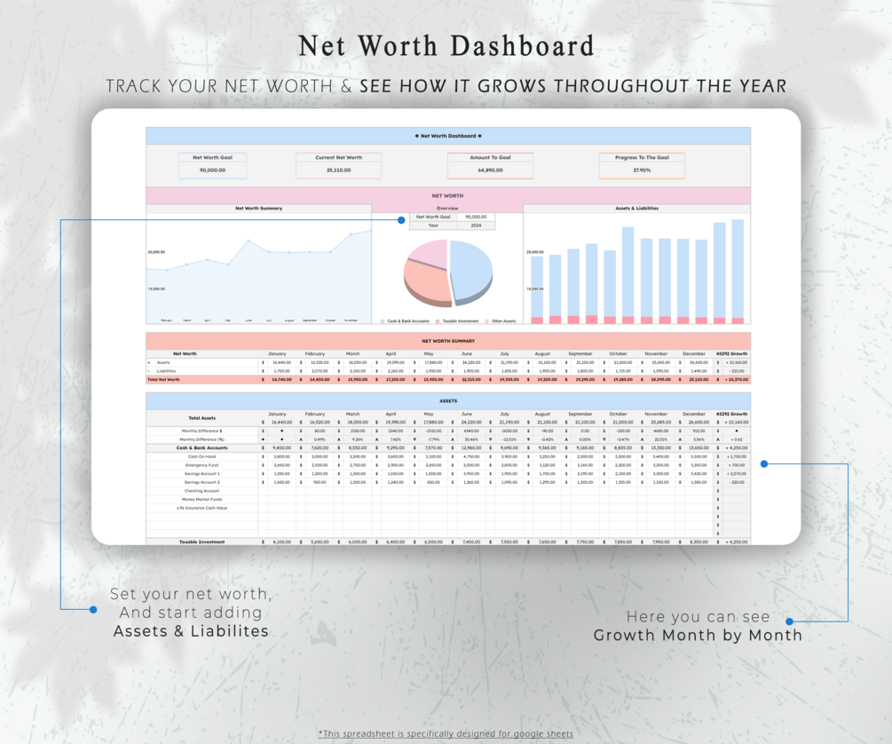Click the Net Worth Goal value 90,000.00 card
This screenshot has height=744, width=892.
point(212,170)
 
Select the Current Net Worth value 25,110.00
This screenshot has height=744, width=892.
point(338,170)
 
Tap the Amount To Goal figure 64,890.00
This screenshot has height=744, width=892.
point(490,170)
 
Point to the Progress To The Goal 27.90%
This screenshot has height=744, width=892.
point(642,170)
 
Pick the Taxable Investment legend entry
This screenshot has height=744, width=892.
point(460,321)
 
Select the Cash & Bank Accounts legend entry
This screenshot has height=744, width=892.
point(407,321)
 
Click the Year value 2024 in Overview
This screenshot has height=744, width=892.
point(476,226)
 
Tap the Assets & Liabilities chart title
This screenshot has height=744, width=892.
point(636,208)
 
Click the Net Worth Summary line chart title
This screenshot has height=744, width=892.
point(258,208)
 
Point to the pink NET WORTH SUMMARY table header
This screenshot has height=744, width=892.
point(447,340)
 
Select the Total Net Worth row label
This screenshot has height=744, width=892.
point(163,379)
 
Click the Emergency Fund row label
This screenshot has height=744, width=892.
point(201,465)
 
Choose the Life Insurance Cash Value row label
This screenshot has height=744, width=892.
point(201,508)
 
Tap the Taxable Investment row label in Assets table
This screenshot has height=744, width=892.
point(201,542)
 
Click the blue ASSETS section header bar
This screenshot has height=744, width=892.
point(447,400)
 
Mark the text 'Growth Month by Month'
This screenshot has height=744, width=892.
point(698,635)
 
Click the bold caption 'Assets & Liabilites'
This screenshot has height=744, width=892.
point(191,631)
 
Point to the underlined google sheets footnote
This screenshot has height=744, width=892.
point(446,733)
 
